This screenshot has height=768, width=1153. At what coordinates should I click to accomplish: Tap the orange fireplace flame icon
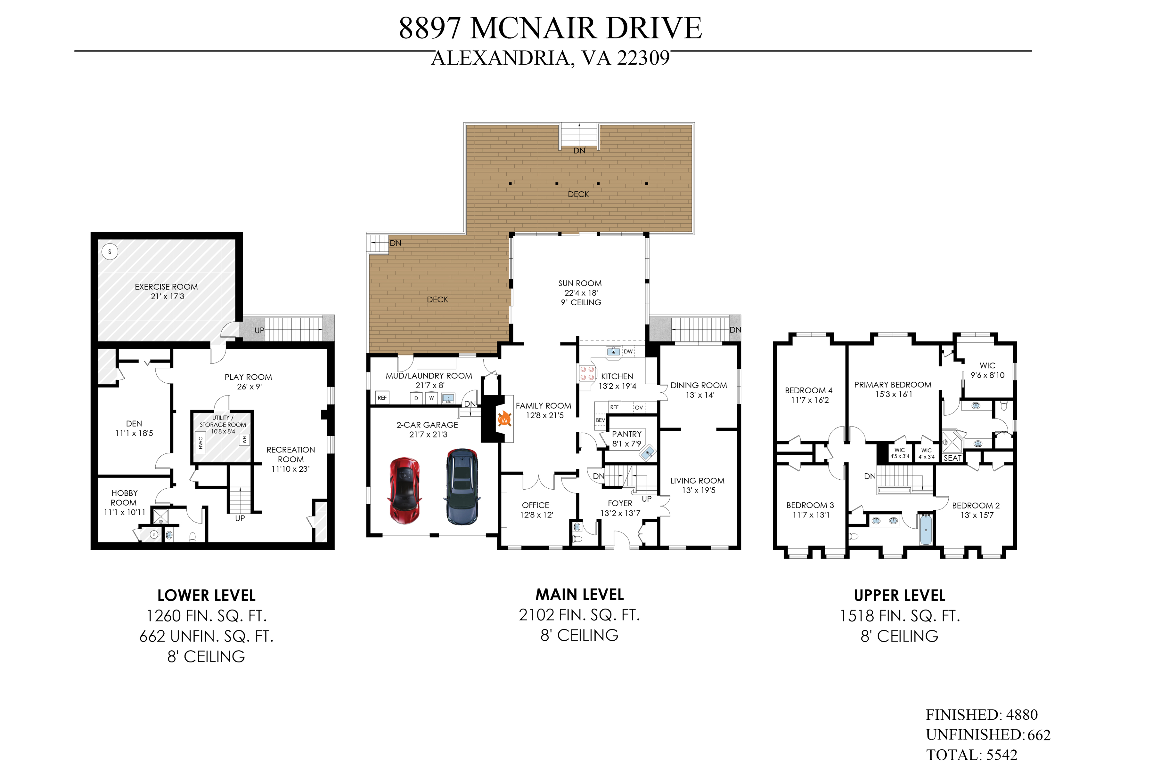(x=504, y=419)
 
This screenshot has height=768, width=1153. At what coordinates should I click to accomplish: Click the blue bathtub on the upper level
(x=926, y=530)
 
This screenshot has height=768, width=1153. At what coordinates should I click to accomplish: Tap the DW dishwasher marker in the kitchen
(x=628, y=352)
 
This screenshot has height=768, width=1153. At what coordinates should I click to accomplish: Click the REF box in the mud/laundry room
(x=382, y=398)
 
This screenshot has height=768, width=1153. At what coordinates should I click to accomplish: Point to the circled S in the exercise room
(x=110, y=252)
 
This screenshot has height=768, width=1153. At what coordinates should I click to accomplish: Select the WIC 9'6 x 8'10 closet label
(x=987, y=370)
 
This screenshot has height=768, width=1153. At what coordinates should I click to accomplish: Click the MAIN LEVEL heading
(x=579, y=595)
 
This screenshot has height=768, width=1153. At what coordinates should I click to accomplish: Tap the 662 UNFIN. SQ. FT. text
(x=206, y=636)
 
